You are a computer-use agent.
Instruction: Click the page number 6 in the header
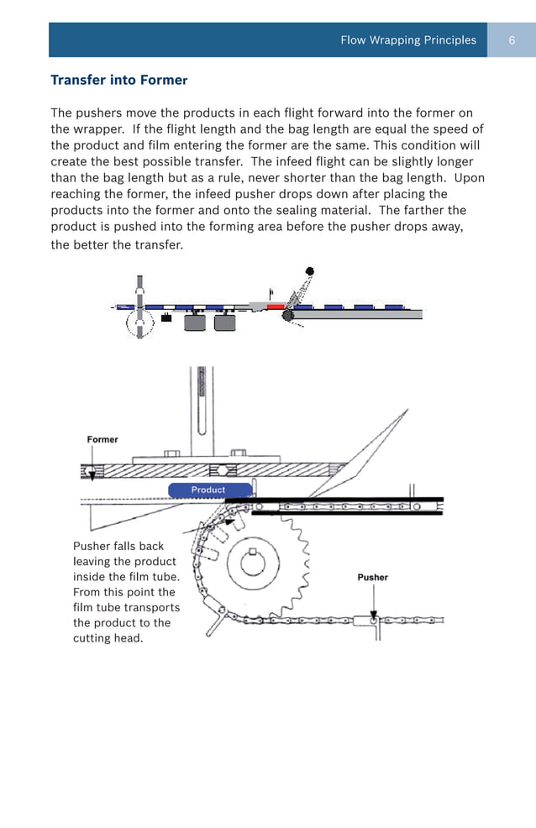[x=512, y=40]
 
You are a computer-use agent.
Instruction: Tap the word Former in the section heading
[x=165, y=81]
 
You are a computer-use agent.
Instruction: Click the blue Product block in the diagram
[x=208, y=490]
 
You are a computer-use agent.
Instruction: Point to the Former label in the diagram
[x=102, y=439]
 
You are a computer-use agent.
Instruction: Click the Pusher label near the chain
[x=372, y=577]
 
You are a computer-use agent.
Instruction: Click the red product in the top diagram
[x=275, y=307]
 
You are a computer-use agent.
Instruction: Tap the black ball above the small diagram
[x=310, y=271]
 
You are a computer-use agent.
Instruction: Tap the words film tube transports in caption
[x=126, y=607]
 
